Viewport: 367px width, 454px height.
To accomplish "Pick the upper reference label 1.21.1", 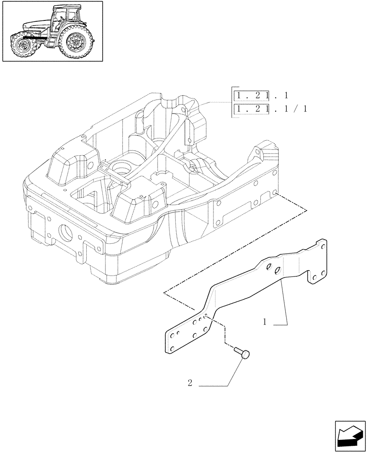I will click(261, 95).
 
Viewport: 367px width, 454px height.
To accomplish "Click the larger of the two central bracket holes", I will click(278, 271).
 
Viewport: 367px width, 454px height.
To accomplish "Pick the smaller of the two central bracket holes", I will click(269, 267).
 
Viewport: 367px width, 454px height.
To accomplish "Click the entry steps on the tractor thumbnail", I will click(50, 41).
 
